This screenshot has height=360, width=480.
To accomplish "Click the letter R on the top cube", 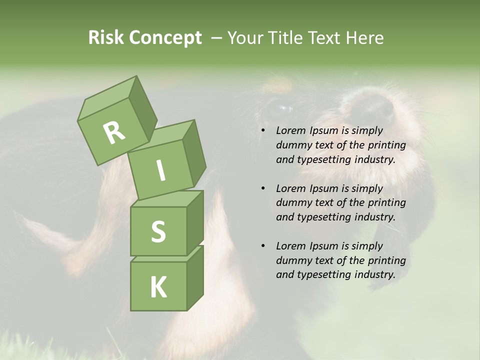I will (x=114, y=132).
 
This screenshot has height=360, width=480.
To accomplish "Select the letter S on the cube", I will (x=158, y=231).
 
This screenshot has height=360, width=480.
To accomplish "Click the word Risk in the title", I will (x=105, y=37).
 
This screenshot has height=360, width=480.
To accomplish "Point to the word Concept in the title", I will (x=165, y=38).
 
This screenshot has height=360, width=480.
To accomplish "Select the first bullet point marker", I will (x=262, y=131).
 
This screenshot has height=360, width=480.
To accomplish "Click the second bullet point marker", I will (x=262, y=188).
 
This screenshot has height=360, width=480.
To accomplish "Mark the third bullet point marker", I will (x=262, y=246).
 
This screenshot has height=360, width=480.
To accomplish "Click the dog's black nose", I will (x=372, y=107).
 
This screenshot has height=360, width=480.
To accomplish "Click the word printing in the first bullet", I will (x=386, y=145).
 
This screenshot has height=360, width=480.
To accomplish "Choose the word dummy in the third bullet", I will (x=291, y=260).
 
